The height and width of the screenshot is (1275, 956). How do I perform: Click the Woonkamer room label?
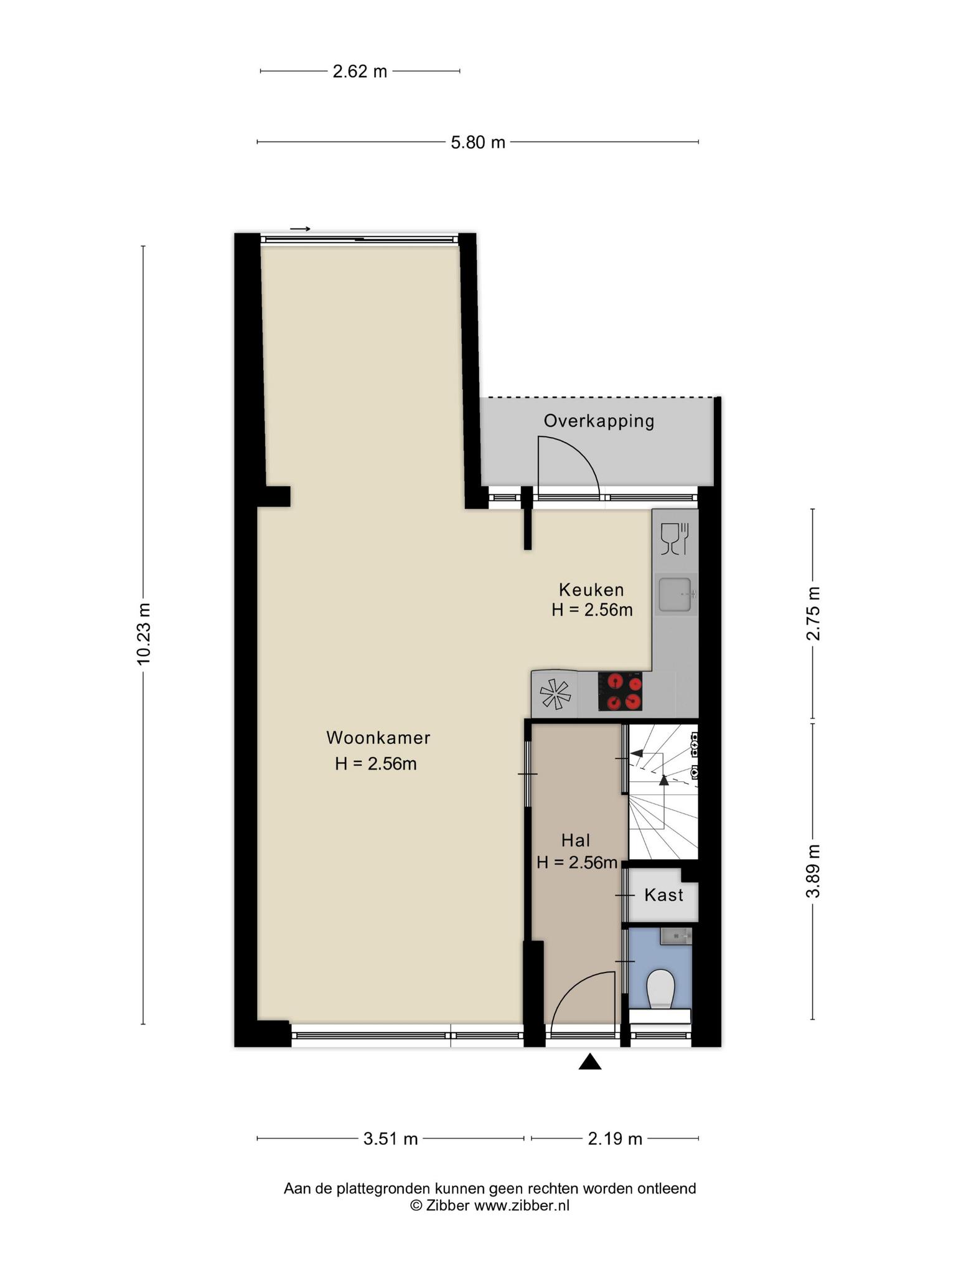378,738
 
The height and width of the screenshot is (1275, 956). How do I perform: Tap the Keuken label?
591,590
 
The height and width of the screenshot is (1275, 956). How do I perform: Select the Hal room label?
576,840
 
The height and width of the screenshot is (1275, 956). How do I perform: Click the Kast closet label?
663,895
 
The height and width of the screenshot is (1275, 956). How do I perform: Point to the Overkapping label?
599,421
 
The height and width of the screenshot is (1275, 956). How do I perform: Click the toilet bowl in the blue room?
660,989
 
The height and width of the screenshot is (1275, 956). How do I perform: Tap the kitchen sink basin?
675,595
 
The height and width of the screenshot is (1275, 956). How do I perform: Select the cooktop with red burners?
620,691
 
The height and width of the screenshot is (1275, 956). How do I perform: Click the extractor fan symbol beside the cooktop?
555,694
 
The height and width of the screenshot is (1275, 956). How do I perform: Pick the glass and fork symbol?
675,539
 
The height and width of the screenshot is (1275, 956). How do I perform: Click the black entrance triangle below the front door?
590,1062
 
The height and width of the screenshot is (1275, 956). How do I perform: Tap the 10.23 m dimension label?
144,634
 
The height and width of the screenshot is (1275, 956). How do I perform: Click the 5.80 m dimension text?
478,143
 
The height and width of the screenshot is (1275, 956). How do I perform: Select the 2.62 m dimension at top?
360,72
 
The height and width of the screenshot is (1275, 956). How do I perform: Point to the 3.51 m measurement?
390,1139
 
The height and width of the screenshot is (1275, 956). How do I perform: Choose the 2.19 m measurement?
615,1139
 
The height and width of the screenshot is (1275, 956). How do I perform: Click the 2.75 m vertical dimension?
813,613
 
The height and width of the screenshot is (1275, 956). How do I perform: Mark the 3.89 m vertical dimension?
813,871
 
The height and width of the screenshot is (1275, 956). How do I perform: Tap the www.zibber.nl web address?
522,1205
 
